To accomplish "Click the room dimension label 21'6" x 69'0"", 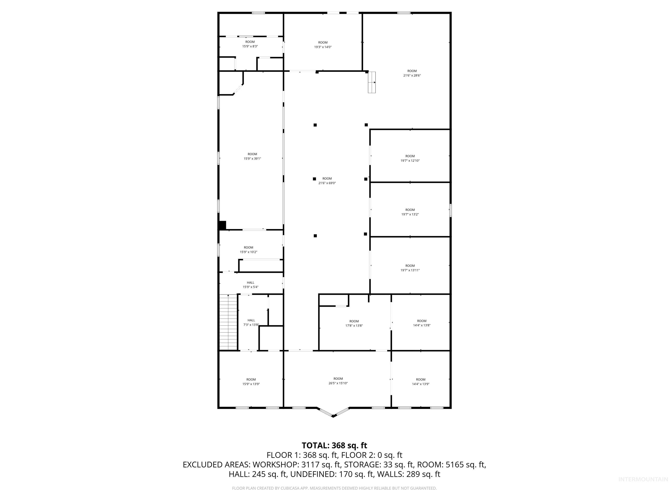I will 327,183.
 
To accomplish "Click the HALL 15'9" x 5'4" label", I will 250,285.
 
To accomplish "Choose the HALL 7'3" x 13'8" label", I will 251,322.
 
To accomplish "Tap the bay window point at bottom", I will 333,416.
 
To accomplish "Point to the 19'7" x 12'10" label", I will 410,161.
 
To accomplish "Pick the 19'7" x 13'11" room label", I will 410,270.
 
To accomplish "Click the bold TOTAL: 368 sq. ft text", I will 334,445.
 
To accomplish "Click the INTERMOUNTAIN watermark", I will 643,479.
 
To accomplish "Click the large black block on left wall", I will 222,226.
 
